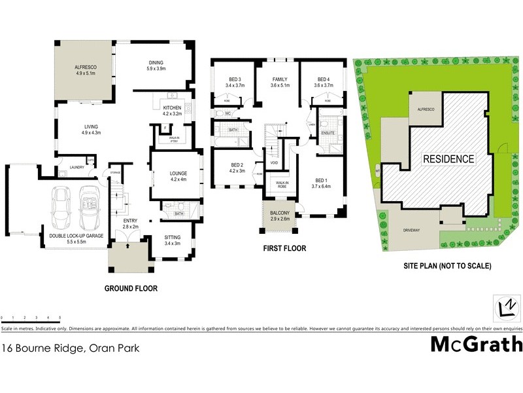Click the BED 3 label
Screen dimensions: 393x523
coord(235,79)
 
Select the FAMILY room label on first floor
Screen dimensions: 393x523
coord(279,79)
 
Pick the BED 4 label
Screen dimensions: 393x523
coord(324,79)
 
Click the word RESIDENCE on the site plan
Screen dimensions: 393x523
coord(448,159)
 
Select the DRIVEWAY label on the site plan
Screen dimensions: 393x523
coord(411,231)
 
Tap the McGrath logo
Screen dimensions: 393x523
coord(476,344)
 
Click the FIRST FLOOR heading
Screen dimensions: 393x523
coord(284,249)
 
